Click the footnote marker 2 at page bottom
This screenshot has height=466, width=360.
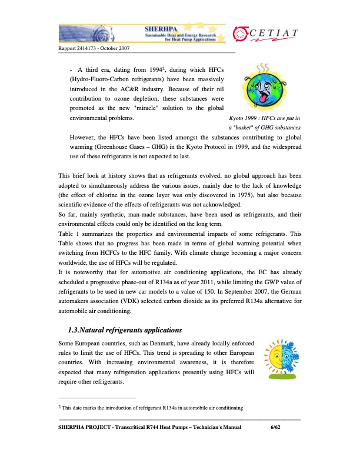tap(61, 407)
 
